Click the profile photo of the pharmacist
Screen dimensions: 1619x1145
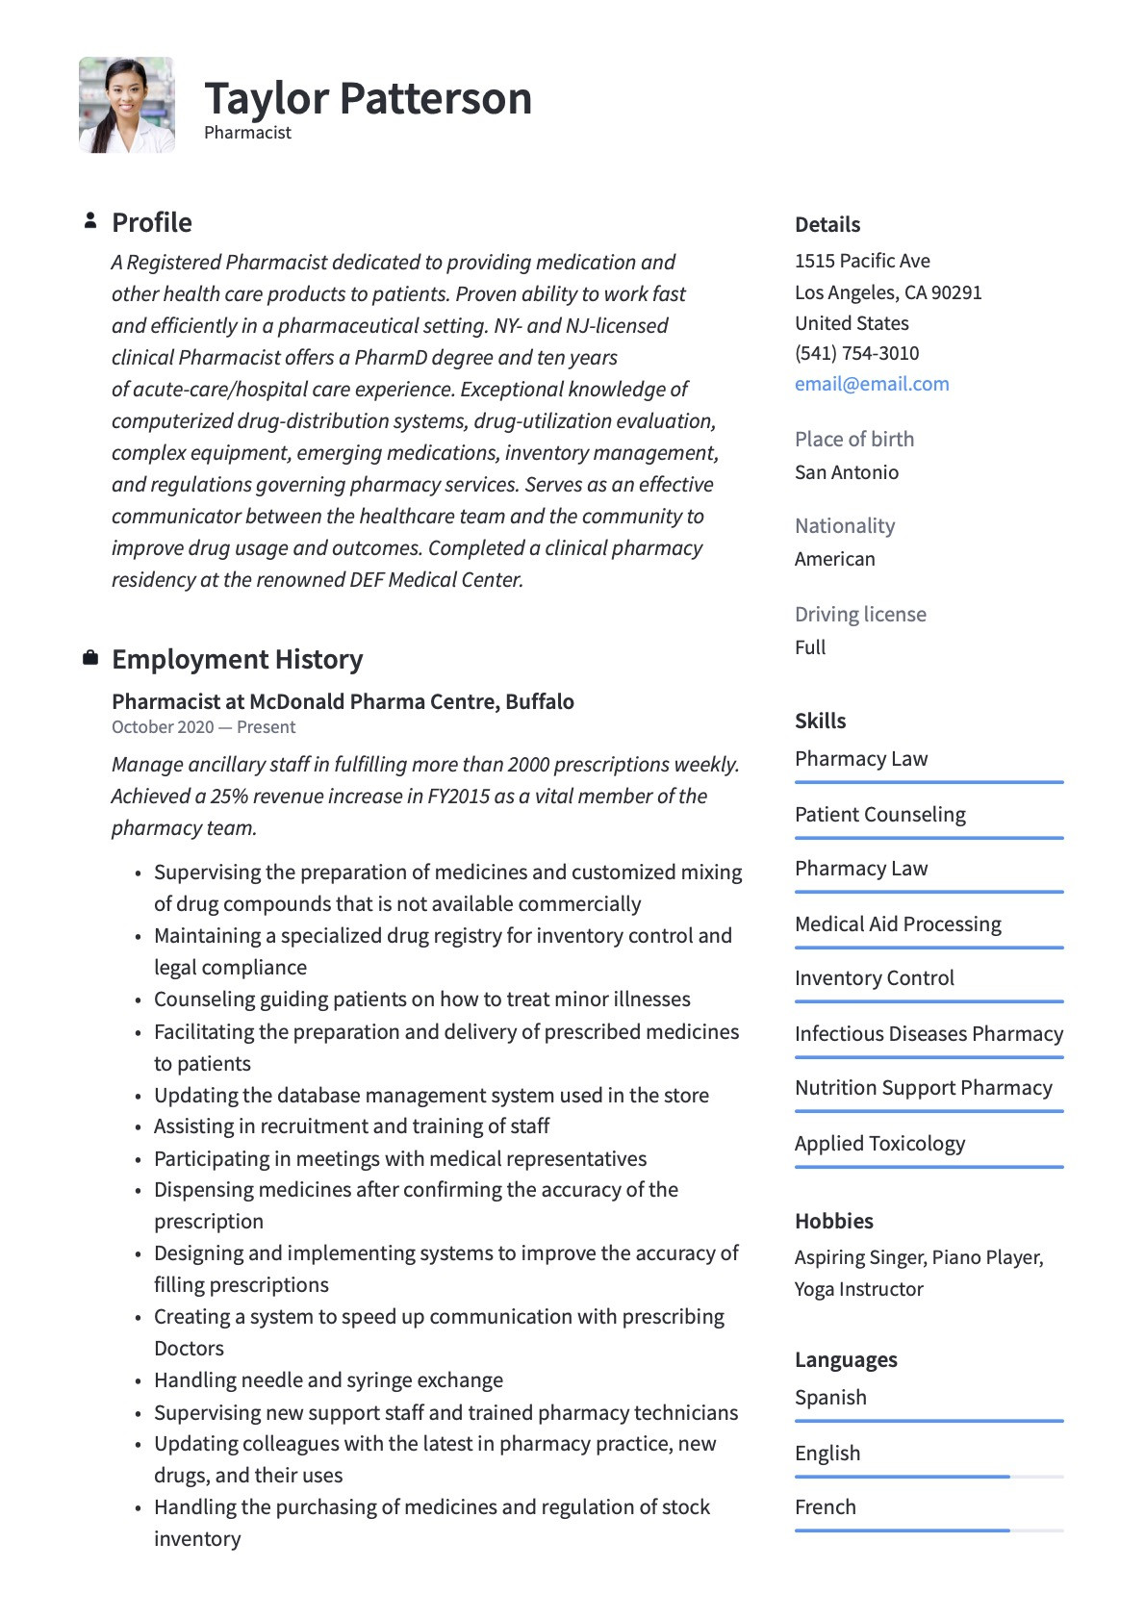click(x=127, y=105)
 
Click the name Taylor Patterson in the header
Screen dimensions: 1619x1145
click(x=368, y=98)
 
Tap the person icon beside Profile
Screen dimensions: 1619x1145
click(x=90, y=221)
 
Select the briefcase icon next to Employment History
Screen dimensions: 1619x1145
click(x=90, y=658)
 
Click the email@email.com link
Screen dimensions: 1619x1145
click(x=872, y=384)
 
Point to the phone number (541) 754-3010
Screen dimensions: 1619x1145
click(x=856, y=353)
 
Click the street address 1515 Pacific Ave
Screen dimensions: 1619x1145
click(x=862, y=261)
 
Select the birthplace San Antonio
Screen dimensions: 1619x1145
click(x=847, y=472)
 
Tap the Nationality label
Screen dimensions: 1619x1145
click(x=845, y=526)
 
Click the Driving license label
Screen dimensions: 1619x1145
click(x=860, y=614)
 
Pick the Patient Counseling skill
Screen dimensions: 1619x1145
click(x=880, y=815)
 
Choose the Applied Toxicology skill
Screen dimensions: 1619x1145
click(x=879, y=1144)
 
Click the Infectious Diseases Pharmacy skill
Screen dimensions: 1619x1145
click(x=929, y=1034)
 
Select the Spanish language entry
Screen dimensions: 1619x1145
click(x=830, y=1398)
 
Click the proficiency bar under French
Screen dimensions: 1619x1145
click(x=929, y=1530)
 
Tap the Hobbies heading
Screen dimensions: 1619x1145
click(x=834, y=1221)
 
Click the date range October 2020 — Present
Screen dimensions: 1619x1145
click(x=203, y=727)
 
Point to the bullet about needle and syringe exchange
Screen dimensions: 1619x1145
click(x=328, y=1380)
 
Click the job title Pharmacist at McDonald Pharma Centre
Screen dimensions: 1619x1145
click(x=343, y=701)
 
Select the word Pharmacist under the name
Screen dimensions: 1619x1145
click(x=247, y=133)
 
